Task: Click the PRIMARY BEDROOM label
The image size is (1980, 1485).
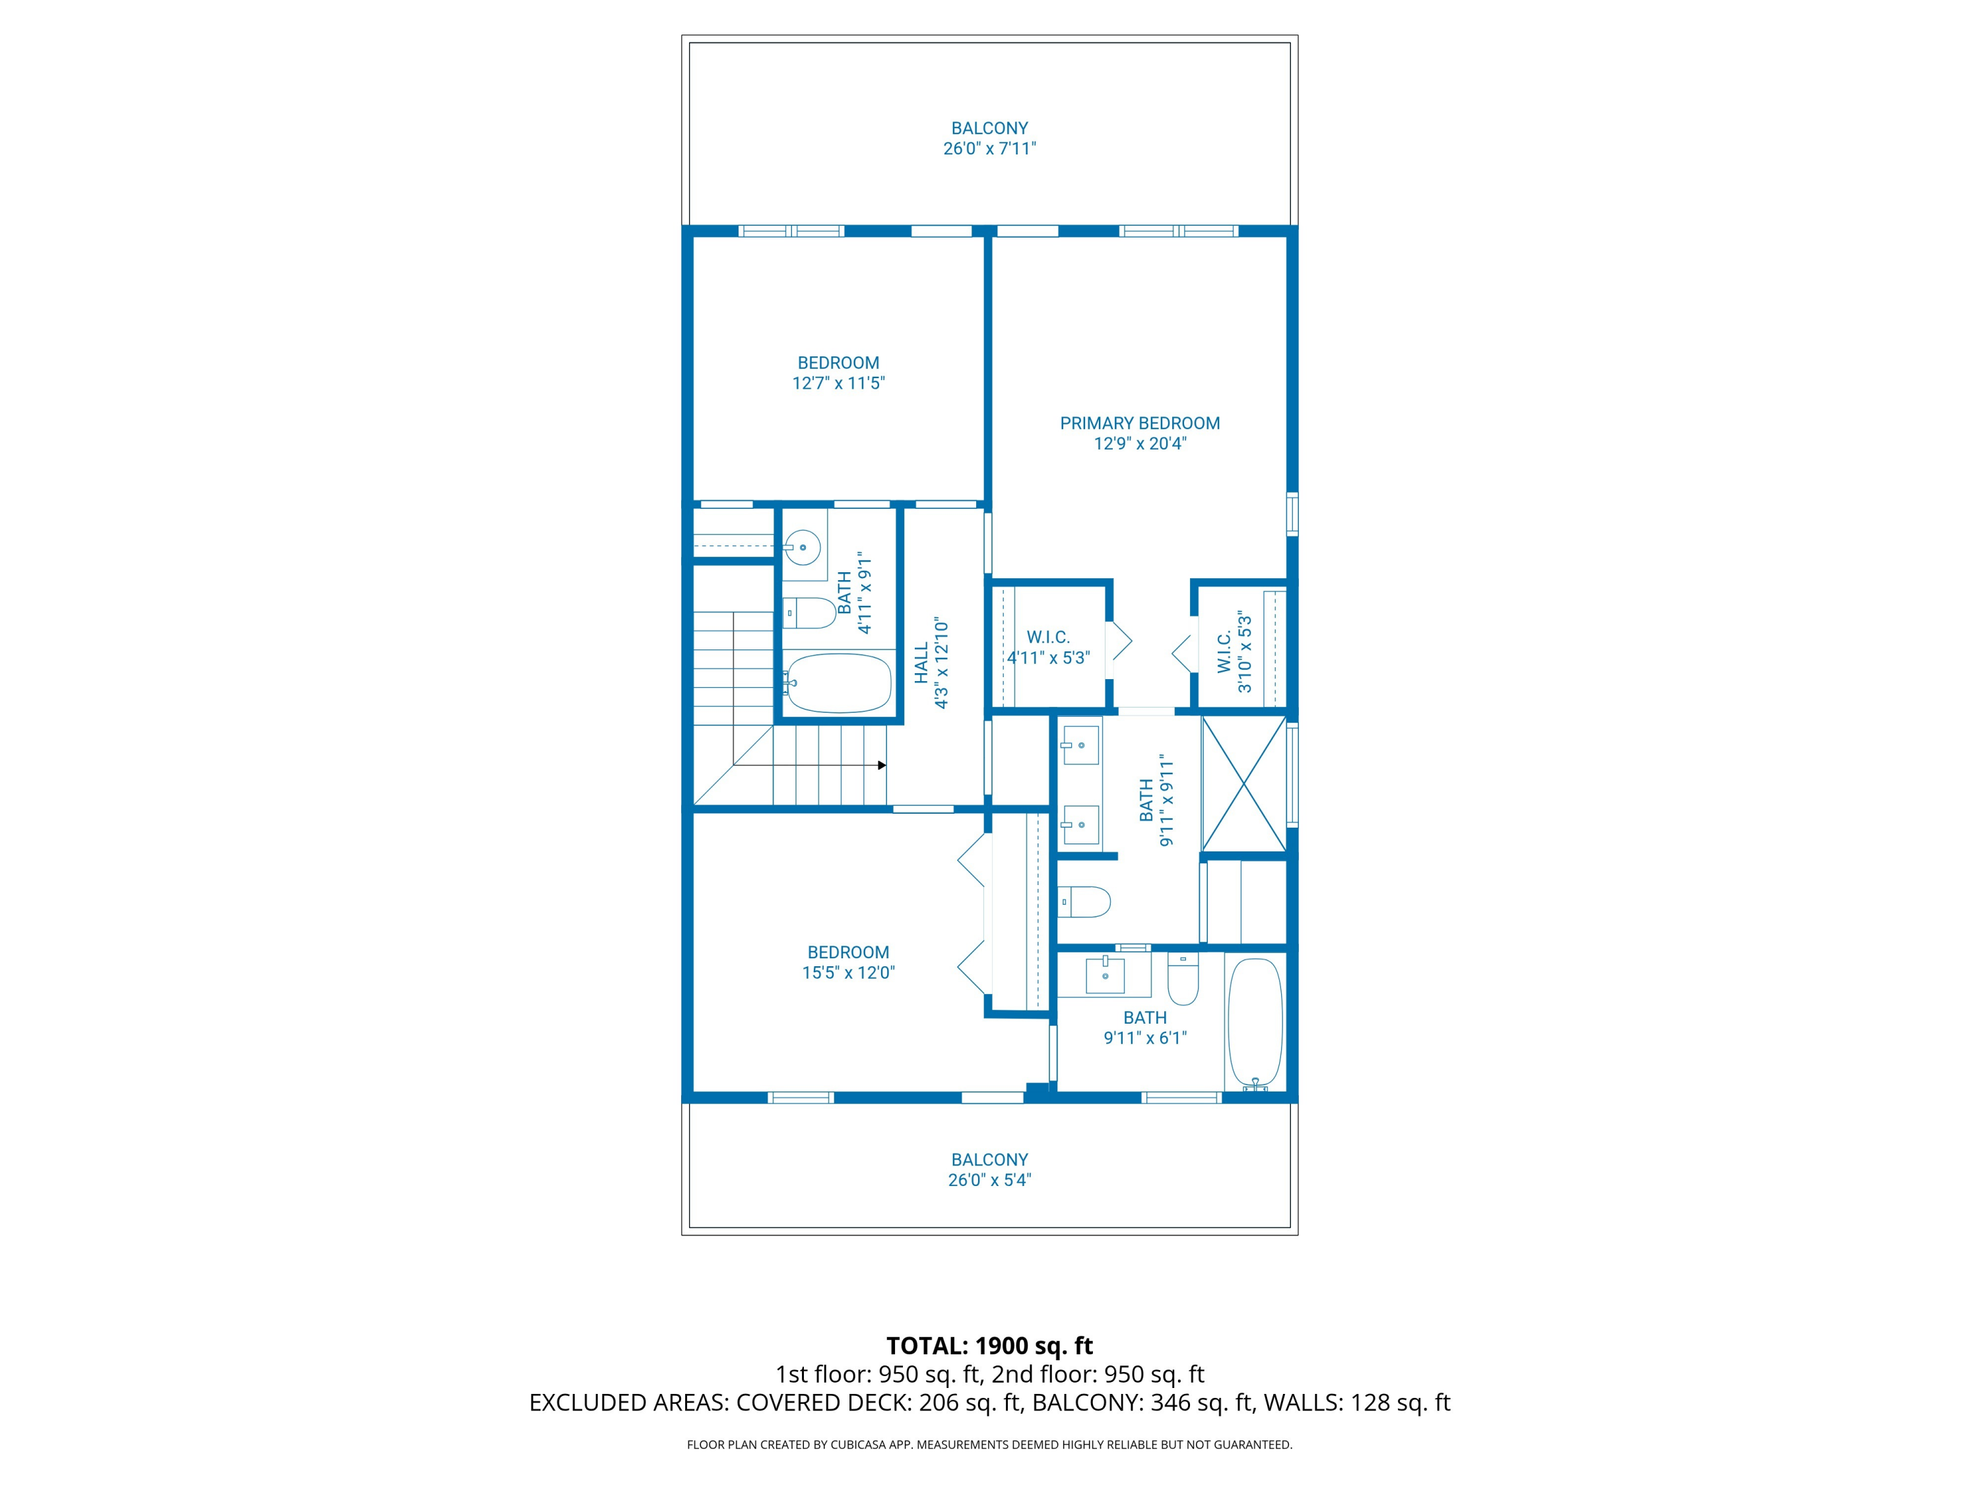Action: (x=1139, y=424)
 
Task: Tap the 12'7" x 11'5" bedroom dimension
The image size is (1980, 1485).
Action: (x=839, y=383)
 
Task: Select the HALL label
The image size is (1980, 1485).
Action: (x=921, y=663)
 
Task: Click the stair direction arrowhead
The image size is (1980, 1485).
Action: (x=882, y=766)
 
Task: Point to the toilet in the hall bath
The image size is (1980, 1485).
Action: (x=809, y=613)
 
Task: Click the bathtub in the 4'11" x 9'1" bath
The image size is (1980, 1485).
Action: (x=838, y=683)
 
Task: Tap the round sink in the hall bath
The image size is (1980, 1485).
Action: (x=803, y=547)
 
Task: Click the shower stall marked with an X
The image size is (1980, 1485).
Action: (x=1243, y=784)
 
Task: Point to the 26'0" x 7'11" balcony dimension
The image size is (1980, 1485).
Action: (x=990, y=148)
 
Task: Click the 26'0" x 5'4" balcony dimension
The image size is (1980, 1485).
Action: (x=990, y=1180)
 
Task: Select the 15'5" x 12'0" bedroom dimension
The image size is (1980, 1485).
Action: (x=849, y=973)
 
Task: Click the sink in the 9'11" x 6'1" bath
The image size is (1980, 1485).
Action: (x=1105, y=975)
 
